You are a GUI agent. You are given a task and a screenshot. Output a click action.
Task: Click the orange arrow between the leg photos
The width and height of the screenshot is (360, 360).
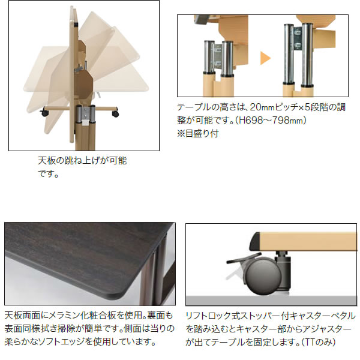click(x=265, y=58)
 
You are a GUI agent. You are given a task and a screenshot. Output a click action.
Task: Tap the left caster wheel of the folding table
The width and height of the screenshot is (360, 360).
click(x=44, y=113)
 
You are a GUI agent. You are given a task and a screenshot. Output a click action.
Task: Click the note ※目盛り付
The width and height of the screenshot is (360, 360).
click(x=197, y=133)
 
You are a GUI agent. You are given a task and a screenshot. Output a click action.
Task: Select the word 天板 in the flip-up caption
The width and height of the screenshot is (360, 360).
click(x=47, y=160)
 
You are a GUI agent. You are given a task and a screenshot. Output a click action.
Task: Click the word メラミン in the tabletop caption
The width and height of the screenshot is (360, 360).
click(x=65, y=316)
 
